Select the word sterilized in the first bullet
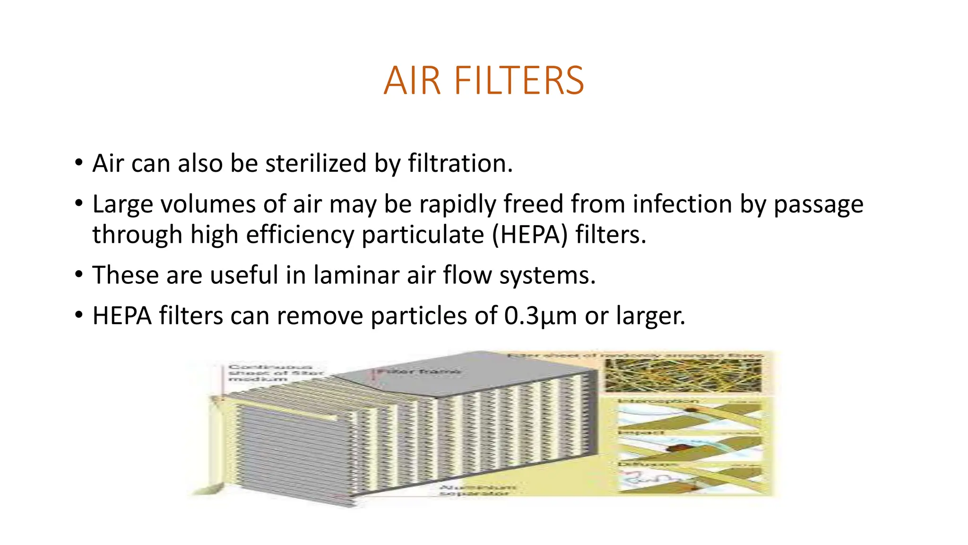[x=315, y=164]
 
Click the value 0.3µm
[x=540, y=316]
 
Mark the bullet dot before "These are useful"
[x=79, y=275]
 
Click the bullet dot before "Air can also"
[x=79, y=163]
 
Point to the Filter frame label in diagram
[x=419, y=372]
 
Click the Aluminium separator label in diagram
[x=478, y=490]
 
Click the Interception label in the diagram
[x=657, y=401]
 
